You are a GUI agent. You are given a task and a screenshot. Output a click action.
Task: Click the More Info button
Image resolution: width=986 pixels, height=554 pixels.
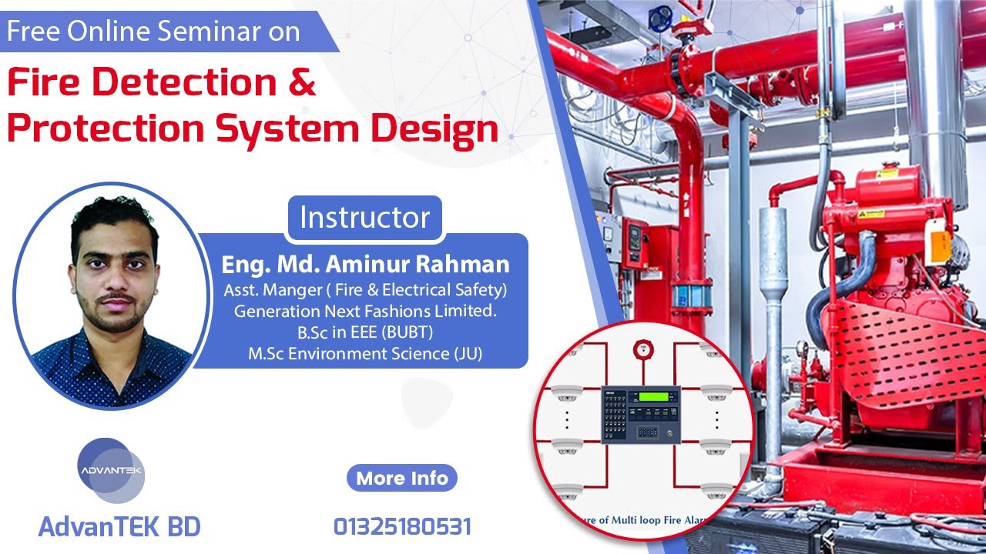tap(402, 478)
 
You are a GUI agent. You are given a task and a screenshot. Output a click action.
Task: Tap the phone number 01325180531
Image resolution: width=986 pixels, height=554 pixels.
tap(402, 527)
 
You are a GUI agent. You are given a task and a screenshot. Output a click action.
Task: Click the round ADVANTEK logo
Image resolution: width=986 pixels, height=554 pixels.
tap(111, 471)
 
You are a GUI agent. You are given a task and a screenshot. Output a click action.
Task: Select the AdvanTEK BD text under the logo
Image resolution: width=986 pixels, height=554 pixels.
tap(119, 527)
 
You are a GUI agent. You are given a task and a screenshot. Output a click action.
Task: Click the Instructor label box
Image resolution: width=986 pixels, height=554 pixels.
tap(364, 217)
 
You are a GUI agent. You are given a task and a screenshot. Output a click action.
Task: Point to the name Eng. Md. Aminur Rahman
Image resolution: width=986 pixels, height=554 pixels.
tap(365, 265)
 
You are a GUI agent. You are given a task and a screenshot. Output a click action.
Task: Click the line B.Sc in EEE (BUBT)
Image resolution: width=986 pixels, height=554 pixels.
tap(365, 333)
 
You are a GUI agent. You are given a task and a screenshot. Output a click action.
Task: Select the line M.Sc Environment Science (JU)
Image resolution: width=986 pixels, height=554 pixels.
tap(365, 354)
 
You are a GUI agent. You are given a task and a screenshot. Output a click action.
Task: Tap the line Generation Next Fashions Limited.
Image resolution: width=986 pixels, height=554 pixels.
tap(365, 312)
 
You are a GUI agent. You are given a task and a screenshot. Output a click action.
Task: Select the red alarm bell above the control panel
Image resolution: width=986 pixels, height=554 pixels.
tap(640, 349)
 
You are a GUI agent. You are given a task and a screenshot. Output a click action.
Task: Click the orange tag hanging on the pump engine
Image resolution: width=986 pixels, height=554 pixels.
tap(941, 246)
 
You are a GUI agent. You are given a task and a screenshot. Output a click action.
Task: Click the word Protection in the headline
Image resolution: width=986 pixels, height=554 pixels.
tap(104, 129)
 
